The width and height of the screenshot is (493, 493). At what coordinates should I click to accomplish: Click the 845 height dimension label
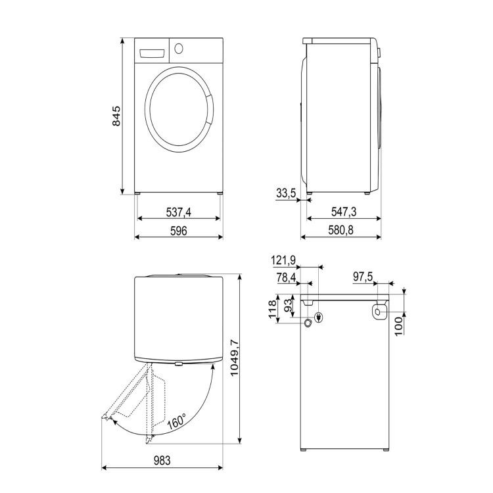(x=116, y=116)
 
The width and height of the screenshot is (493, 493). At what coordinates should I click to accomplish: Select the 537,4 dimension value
(x=179, y=212)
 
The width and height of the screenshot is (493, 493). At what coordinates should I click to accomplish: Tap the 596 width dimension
(x=179, y=231)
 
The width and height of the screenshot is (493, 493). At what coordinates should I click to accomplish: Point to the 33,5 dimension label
(x=286, y=193)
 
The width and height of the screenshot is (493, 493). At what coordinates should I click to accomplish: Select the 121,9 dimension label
(x=283, y=261)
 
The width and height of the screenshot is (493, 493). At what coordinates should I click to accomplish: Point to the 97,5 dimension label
(x=363, y=279)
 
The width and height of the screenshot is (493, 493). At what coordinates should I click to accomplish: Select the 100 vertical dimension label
(x=399, y=323)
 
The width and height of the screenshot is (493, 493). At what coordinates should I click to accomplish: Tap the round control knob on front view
(x=178, y=47)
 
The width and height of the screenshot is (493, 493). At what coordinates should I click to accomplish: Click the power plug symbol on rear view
(x=319, y=317)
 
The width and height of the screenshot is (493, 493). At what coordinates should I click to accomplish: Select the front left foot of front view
(x=139, y=193)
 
